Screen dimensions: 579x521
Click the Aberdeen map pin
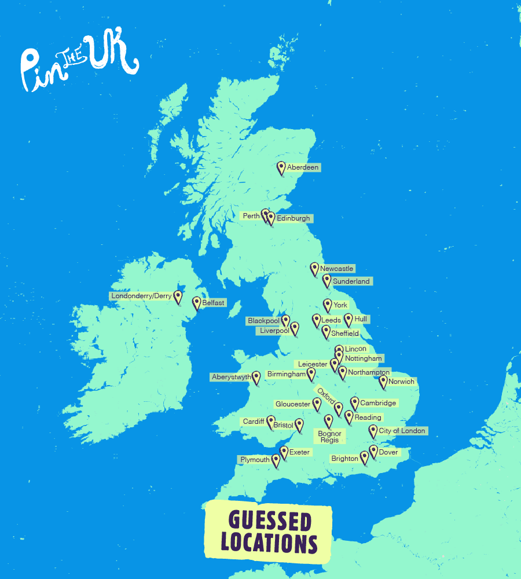281,168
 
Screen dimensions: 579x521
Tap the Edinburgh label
293,218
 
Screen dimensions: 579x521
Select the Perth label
251,216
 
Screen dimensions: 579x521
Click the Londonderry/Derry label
141,296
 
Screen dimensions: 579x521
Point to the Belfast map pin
197,303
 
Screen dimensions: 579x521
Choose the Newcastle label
337,269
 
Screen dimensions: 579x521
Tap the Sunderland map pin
327,281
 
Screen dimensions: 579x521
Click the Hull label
361,319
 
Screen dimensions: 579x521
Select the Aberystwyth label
232,377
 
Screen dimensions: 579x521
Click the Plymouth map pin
276,461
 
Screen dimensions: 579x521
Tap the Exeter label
300,452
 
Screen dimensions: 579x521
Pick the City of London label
402,431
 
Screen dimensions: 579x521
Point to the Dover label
388,452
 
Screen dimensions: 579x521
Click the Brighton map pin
364,458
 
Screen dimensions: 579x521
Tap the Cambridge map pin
355,404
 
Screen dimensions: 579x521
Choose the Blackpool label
263,321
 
